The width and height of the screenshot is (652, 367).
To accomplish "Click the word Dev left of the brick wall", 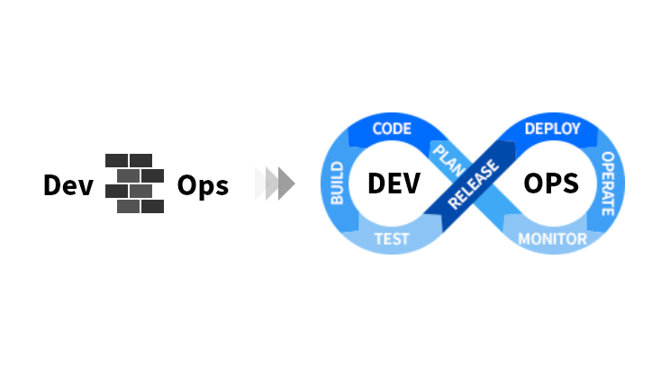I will tap(68, 185).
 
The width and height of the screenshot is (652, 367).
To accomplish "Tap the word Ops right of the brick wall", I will tap(203, 185).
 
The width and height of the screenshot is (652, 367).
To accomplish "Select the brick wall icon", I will tap(135, 183).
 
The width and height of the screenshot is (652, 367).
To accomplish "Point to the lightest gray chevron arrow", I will tap(262, 183).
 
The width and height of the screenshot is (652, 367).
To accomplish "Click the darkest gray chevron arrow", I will tap(286, 183).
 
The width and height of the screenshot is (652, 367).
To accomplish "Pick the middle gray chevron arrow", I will tap(274, 183).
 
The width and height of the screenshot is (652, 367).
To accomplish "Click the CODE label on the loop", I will tap(392, 129).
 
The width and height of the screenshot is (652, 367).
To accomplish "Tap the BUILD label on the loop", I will tap(339, 183).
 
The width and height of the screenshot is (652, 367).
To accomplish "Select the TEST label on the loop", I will tap(392, 239).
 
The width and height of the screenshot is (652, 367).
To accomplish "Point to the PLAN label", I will tap(448, 157).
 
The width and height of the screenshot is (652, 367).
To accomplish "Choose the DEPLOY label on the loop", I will tap(551, 129).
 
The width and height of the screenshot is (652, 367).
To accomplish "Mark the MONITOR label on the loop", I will tap(552, 239).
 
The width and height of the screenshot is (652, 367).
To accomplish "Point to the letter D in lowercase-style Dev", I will tap(52, 185).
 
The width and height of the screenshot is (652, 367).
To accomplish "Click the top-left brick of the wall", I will tap(117, 160).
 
